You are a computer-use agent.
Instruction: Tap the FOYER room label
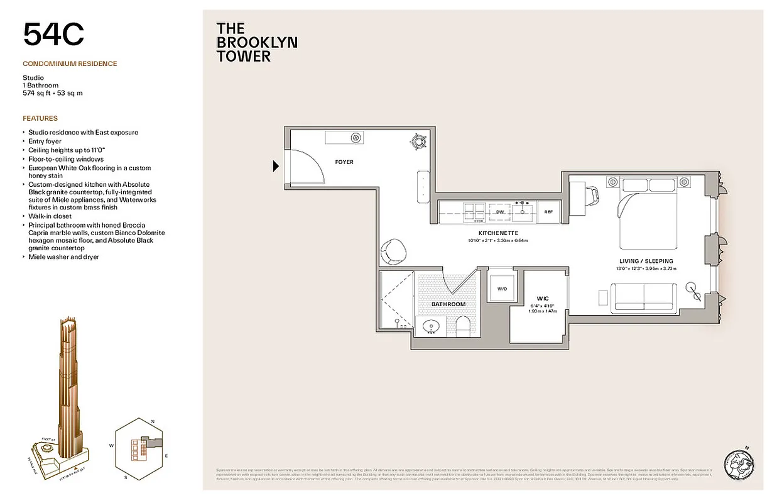(344, 162)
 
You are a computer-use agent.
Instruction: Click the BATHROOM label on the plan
(448, 304)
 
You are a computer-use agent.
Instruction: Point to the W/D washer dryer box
(502, 289)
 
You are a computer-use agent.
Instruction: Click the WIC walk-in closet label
(543, 298)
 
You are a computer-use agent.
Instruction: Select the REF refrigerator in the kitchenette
(548, 213)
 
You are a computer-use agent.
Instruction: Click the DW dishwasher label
(500, 213)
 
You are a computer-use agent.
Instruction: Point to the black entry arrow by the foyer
(275, 167)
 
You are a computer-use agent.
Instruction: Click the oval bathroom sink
(431, 326)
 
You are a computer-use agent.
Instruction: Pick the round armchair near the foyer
(394, 250)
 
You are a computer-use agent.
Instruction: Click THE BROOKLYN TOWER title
(256, 42)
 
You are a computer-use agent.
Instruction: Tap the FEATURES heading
(40, 118)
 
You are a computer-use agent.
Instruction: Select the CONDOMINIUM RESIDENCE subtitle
(70, 64)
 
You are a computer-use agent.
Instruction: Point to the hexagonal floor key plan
(139, 447)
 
